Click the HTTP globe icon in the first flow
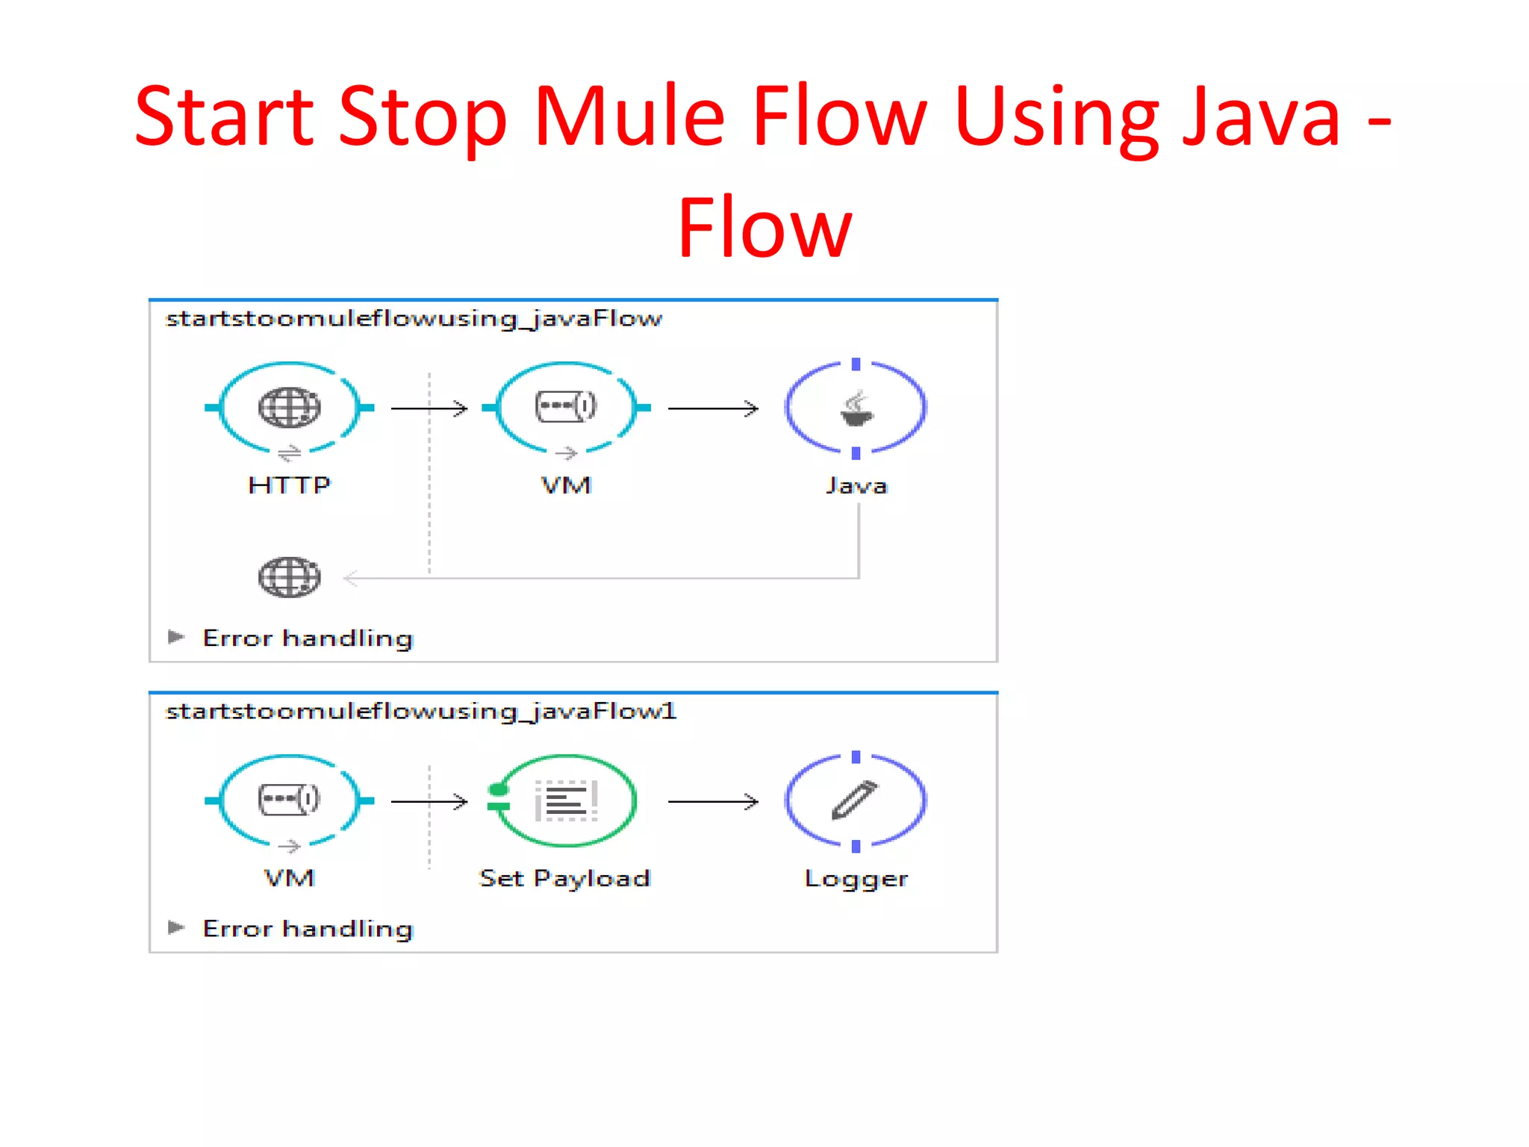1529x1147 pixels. (289, 408)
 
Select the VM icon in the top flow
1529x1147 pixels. (566, 407)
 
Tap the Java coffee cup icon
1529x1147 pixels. (856, 408)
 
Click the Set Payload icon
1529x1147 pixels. (566, 801)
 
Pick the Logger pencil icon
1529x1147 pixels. (855, 801)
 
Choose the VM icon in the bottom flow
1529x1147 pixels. (289, 800)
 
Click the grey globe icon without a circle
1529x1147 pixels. (289, 577)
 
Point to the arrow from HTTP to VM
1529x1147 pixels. (429, 408)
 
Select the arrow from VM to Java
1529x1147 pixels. (713, 408)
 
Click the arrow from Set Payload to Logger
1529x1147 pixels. (713, 802)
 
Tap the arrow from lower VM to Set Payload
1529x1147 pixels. (429, 802)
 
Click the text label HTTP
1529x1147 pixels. (289, 485)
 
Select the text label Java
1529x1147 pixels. (856, 486)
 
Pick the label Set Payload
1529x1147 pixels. (565, 878)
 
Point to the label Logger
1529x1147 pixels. (856, 879)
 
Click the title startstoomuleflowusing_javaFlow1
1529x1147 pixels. (421, 711)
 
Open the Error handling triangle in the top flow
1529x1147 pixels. (176, 637)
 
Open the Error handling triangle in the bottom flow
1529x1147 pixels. (176, 927)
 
